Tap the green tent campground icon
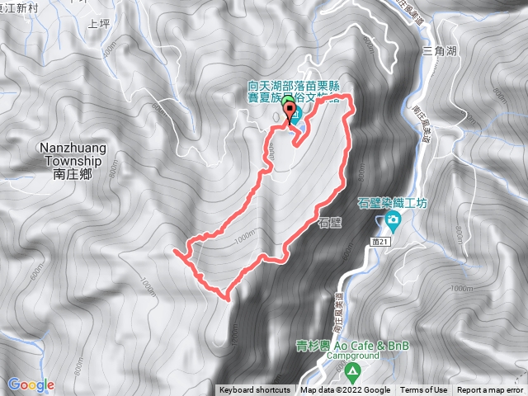[x=352, y=371]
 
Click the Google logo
[x=31, y=384]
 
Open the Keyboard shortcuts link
[x=255, y=390]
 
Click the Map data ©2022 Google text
[x=346, y=390]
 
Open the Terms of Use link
[x=424, y=390]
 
